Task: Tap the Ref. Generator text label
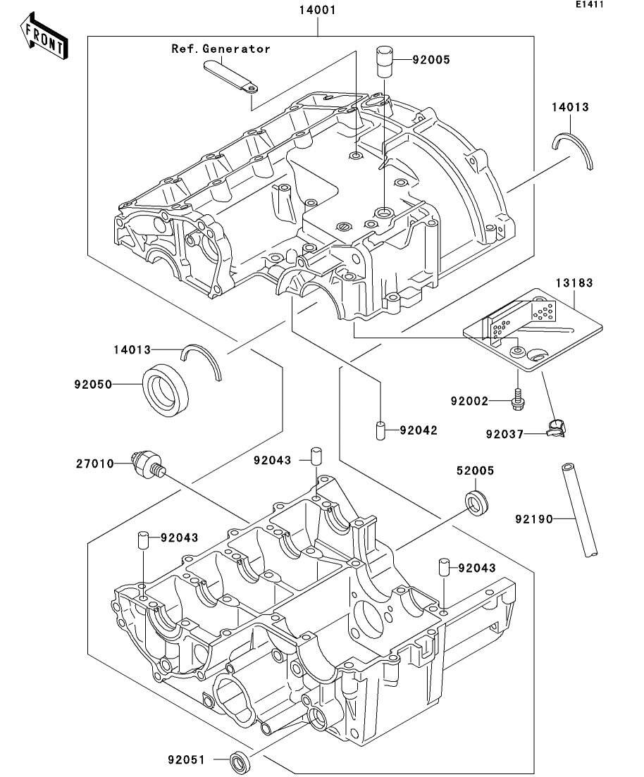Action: (221, 49)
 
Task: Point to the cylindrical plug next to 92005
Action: (384, 60)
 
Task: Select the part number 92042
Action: (418, 430)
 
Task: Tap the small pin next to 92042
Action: (380, 430)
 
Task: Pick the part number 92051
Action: (186, 759)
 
